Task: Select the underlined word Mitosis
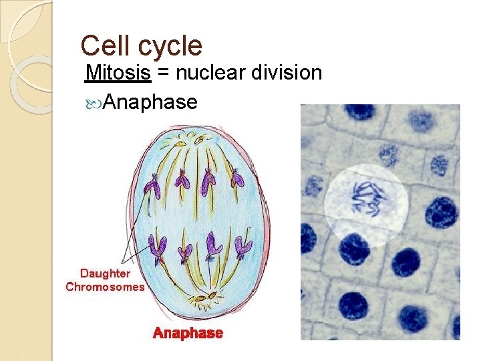click(118, 73)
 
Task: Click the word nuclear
click(208, 73)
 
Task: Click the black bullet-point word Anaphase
click(151, 102)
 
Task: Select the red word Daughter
click(105, 273)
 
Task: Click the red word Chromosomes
click(105, 287)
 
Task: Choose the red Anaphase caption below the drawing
click(188, 333)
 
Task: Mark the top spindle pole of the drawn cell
click(200, 140)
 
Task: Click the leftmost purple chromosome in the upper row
click(153, 187)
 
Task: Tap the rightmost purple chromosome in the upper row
click(237, 177)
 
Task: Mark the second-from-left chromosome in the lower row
click(186, 252)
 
